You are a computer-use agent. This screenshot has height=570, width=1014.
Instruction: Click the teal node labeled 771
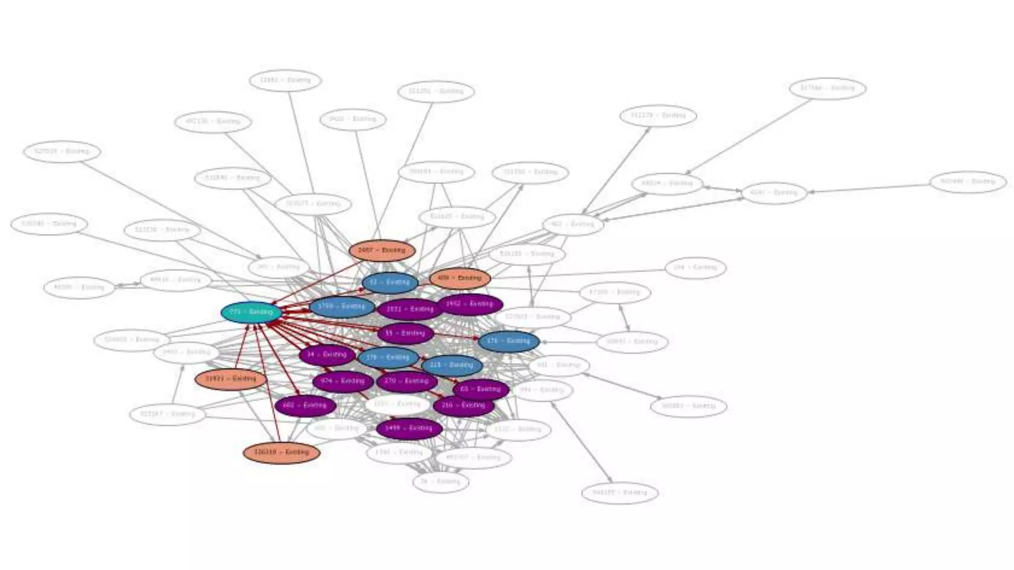(x=251, y=312)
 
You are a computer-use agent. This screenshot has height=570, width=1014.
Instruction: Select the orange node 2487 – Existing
(x=382, y=250)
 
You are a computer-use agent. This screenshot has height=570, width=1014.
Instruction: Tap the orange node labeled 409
(x=460, y=278)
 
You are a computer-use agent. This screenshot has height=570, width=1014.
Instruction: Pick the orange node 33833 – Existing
(x=231, y=379)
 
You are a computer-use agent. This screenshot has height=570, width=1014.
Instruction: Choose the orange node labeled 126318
(x=281, y=452)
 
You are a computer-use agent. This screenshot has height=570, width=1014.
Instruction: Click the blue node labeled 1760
(x=341, y=307)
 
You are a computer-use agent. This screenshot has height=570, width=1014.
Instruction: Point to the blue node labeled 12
(x=390, y=283)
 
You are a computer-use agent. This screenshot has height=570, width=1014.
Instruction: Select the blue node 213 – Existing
(x=452, y=365)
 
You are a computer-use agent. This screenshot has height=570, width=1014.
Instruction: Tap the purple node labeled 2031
(x=409, y=309)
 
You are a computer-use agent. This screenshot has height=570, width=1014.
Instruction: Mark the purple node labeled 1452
(x=470, y=304)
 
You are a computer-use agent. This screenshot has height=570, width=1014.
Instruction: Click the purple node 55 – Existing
(x=406, y=333)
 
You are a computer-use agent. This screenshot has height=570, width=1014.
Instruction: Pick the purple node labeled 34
(x=327, y=355)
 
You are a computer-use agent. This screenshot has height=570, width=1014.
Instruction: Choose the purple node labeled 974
(x=343, y=381)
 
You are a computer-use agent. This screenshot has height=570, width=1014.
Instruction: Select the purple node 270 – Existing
(x=406, y=381)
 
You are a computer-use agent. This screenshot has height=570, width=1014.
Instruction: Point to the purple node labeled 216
(x=463, y=406)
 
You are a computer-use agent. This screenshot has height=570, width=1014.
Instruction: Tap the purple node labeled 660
(x=305, y=406)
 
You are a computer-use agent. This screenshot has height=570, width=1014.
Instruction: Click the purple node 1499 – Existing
(x=409, y=428)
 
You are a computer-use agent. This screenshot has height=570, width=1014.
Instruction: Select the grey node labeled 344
(x=696, y=268)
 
